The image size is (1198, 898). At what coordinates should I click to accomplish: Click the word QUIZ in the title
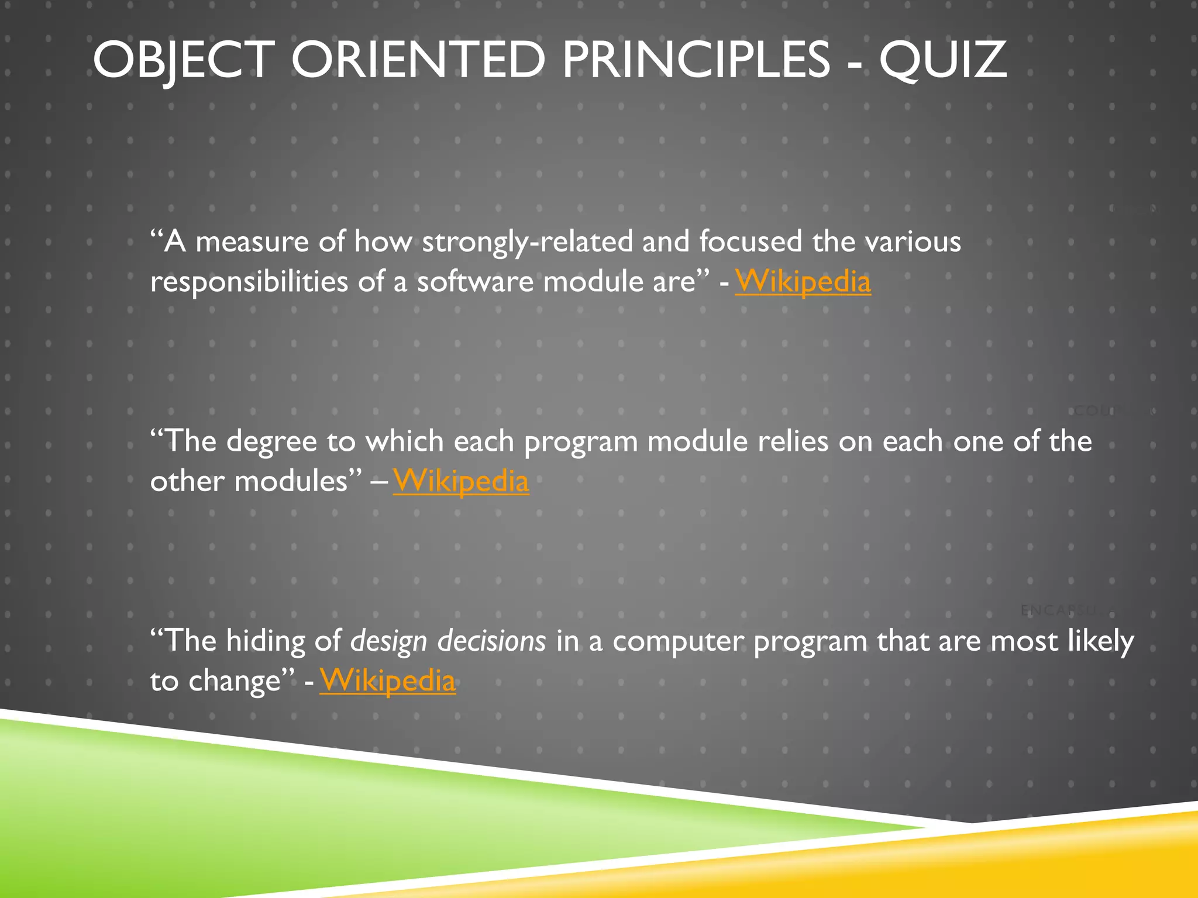(x=942, y=60)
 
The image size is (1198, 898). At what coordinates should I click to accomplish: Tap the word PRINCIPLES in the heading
(x=696, y=60)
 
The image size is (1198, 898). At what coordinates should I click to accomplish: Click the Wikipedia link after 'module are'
(x=803, y=282)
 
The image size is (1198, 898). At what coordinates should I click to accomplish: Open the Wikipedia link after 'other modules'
(x=461, y=482)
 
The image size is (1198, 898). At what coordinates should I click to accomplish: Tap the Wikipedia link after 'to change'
(x=387, y=681)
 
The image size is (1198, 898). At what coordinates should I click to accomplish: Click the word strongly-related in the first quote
(x=527, y=242)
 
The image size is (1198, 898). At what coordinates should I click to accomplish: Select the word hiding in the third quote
(x=265, y=642)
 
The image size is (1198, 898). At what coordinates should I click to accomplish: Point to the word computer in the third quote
(x=677, y=642)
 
